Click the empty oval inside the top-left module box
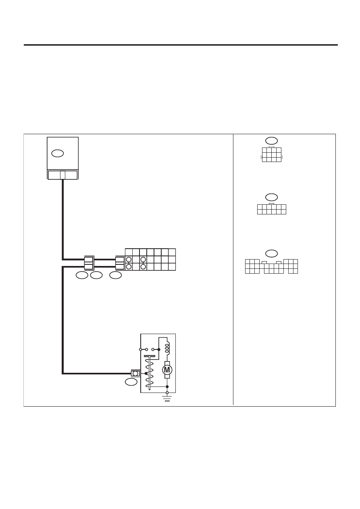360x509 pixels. click(58, 154)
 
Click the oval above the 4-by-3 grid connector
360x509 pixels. click(272, 141)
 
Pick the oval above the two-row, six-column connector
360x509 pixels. click(272, 197)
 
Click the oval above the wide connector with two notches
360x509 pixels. click(272, 253)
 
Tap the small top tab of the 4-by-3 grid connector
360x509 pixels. click(272, 147)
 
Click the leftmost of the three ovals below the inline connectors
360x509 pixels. click(82, 275)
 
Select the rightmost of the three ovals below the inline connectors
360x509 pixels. click(115, 275)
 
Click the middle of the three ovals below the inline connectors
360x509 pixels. click(96, 275)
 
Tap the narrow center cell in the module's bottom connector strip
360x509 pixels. click(63, 175)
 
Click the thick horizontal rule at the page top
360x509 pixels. click(181, 45)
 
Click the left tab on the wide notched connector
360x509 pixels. click(264, 262)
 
